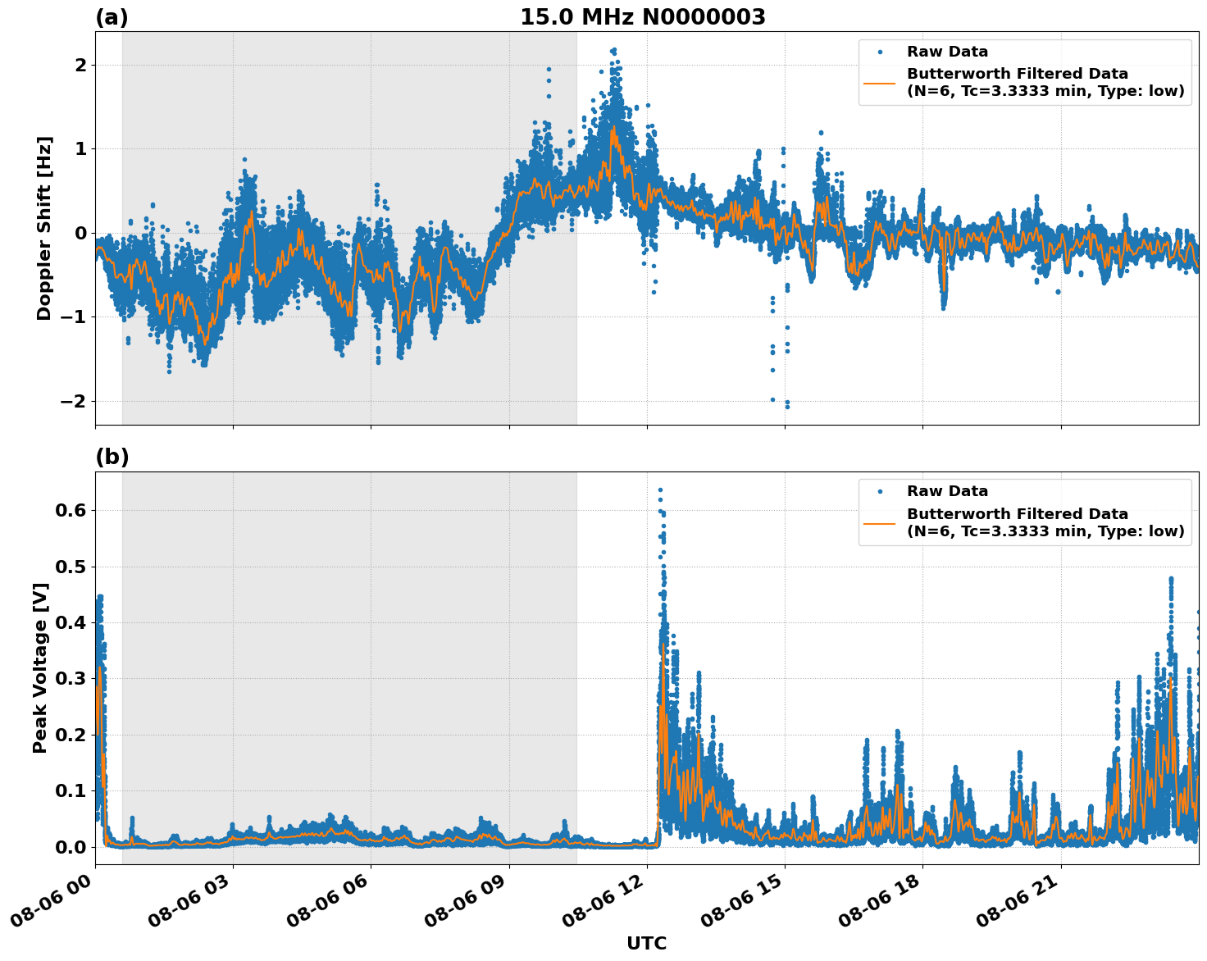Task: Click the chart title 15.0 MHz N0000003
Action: click(x=642, y=17)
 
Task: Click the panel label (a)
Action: click(x=112, y=17)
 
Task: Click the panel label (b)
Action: click(x=112, y=458)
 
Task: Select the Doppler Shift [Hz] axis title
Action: click(x=44, y=228)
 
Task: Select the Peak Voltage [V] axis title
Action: click(x=40, y=667)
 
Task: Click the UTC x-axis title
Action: click(x=646, y=943)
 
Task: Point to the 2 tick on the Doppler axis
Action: click(x=80, y=65)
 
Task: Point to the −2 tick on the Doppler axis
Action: click(x=74, y=401)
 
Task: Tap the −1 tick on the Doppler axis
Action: click(x=74, y=317)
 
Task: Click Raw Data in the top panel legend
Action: click(x=947, y=52)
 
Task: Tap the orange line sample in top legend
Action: click(x=881, y=82)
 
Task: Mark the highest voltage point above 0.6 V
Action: click(x=660, y=490)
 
